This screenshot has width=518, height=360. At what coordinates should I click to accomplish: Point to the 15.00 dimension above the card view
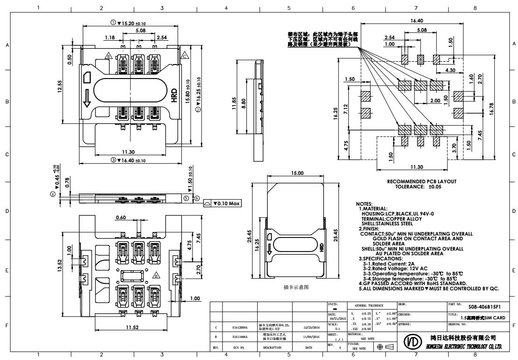(297, 173)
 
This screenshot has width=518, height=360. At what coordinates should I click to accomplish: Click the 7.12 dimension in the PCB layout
(345, 110)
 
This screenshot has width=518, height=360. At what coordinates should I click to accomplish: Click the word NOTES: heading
(365, 204)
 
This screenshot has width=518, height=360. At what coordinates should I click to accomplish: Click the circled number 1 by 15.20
(113, 22)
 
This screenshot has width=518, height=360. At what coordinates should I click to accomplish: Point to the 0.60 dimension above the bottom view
(121, 217)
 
